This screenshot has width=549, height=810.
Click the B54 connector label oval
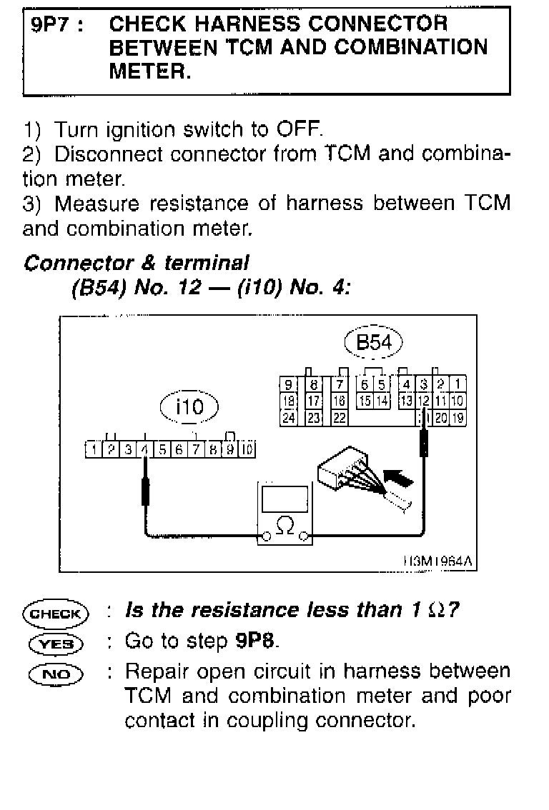pos(373,343)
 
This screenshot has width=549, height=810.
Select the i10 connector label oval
pos(189,407)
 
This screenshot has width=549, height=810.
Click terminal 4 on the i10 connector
pos(145,449)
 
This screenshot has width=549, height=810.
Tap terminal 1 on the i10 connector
pos(94,449)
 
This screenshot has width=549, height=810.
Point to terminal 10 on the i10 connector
pos(247,449)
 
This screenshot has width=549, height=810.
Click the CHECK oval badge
pos(55,613)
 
